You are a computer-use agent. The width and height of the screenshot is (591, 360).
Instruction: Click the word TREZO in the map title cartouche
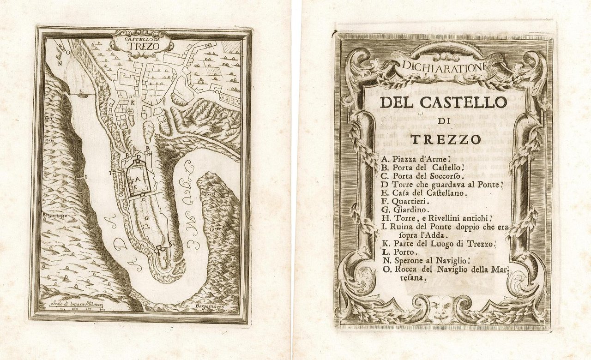tap(142, 48)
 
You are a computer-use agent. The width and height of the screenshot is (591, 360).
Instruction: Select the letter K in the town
tap(133, 102)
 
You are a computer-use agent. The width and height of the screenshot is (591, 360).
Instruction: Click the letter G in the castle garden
tap(146, 217)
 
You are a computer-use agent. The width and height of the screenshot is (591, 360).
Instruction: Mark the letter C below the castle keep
tap(144, 199)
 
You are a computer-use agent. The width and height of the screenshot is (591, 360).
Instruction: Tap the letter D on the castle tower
tap(139, 157)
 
